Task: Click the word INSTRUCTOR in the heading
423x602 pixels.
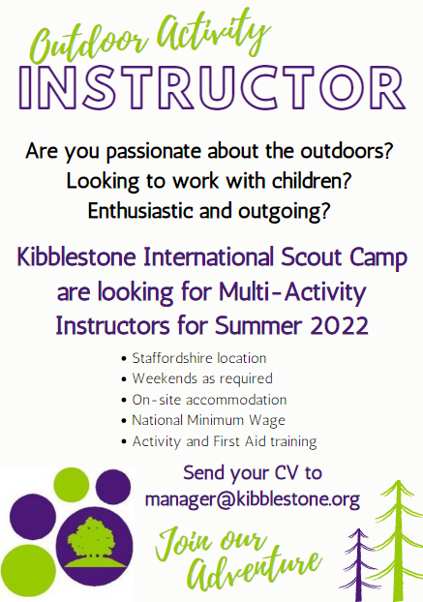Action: (x=211, y=87)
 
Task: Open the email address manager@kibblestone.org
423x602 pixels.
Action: (x=252, y=500)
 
